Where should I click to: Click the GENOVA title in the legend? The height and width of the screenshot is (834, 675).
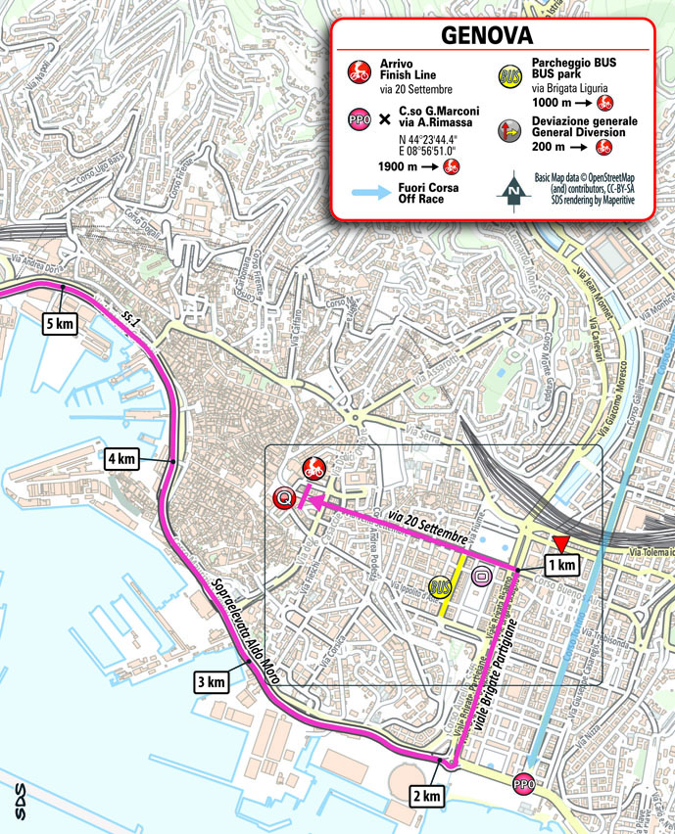click(487, 35)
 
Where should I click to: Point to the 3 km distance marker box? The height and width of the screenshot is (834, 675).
click(212, 682)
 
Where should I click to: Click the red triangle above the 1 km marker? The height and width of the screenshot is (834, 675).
click(559, 544)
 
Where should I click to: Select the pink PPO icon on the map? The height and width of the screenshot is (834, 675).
click(524, 783)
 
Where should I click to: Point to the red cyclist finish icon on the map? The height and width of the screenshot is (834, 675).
click(313, 467)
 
